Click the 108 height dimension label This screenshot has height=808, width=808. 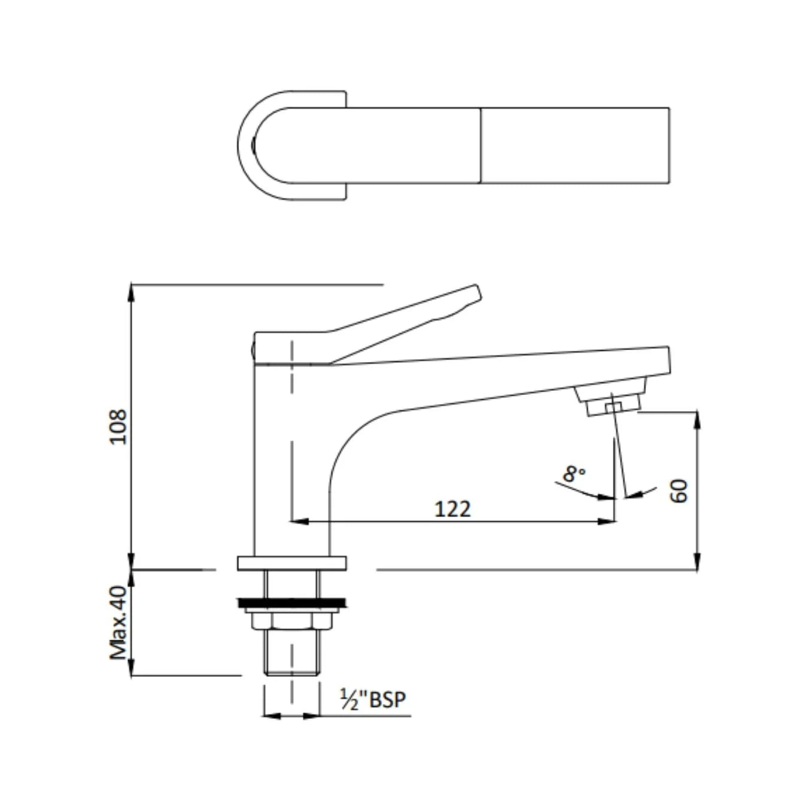119,426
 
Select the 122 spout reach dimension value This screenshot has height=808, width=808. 452,509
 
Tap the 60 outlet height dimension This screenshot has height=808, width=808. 679,491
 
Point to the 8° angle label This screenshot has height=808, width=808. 573,474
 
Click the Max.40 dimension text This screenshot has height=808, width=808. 119,622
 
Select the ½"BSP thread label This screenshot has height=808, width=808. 373,699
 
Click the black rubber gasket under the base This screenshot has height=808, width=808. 291,602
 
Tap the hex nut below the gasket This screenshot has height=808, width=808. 291,621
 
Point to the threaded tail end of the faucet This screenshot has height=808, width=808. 291,658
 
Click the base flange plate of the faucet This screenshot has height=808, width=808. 291,563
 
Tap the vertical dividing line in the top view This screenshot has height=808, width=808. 481,145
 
